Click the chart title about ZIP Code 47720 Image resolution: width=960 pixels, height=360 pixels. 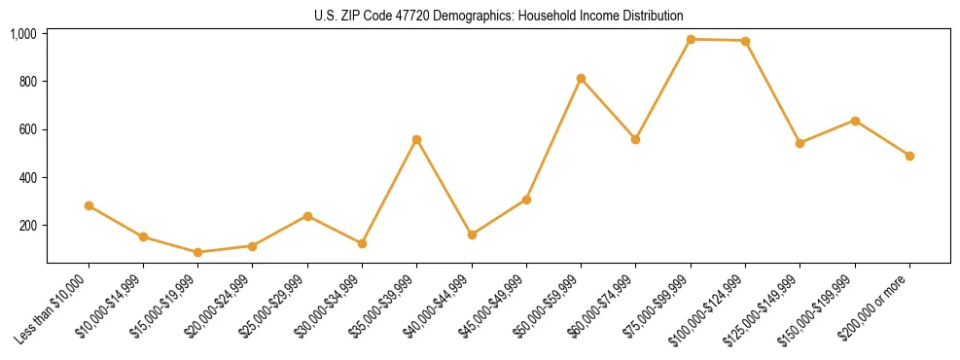(499, 16)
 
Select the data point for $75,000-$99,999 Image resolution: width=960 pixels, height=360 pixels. (691, 39)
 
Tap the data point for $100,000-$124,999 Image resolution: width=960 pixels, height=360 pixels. (745, 41)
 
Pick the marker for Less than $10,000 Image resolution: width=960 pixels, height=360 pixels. (89, 205)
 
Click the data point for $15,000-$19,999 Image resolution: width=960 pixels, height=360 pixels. (197, 252)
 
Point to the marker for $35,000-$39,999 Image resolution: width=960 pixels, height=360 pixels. (416, 139)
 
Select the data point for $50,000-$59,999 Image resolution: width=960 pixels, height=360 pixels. (581, 78)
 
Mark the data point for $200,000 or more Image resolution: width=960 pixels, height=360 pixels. (909, 156)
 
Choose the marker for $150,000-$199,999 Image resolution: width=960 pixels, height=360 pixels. (855, 121)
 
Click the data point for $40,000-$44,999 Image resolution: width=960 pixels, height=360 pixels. (472, 234)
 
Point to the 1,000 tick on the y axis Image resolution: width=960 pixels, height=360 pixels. (23, 34)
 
